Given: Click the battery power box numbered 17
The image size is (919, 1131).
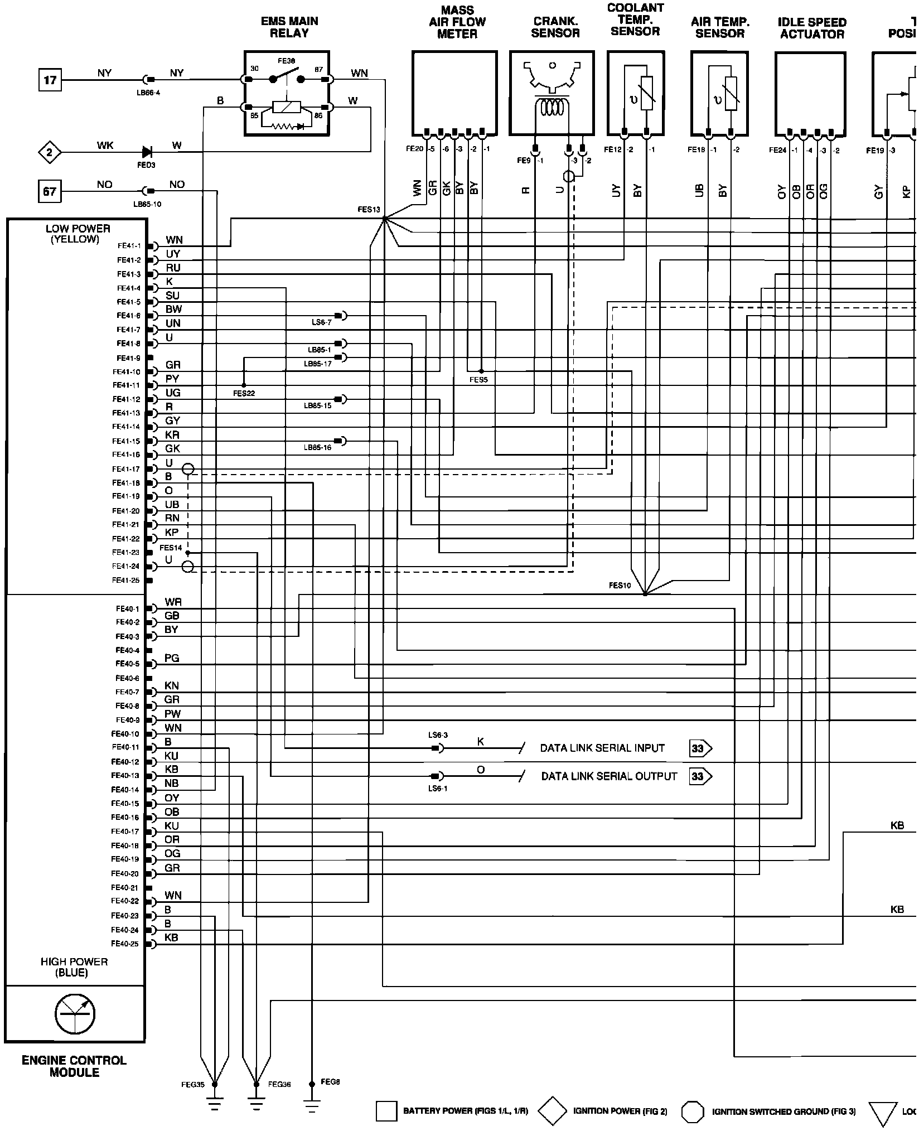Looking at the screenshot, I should point(50,80).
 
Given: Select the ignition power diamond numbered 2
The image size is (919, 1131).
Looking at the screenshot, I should point(50,152).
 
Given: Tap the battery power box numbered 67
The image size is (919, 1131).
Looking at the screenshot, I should point(50,191).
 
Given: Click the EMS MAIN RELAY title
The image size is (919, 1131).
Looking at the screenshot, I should point(289,27).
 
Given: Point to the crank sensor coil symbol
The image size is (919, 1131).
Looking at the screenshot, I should point(552,108).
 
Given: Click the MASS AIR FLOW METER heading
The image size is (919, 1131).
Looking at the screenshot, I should point(457,22).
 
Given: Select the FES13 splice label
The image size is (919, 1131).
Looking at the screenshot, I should point(369,210).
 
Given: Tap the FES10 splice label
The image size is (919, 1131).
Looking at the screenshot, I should point(620,586).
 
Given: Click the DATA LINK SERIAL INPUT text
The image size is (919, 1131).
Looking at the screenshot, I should point(602,748).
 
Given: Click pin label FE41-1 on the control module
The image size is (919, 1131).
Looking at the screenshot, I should point(129,245).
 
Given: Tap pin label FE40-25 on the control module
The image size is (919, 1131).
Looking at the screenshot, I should point(125,944).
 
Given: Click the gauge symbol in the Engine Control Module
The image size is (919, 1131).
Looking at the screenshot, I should point(75,1013).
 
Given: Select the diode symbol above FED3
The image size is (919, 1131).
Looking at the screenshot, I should point(147,151).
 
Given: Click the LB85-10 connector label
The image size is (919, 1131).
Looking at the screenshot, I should point(147,204).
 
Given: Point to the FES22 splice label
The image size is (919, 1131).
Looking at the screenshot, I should point(244,393).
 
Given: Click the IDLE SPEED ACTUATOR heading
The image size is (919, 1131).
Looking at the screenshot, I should point(812,28).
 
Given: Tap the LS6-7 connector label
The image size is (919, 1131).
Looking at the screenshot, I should point(322,322).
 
